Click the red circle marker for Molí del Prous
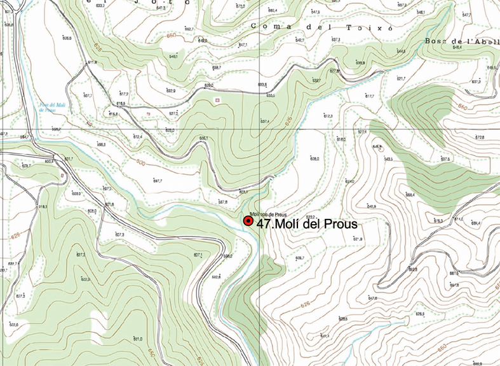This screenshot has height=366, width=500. pyautogui.click(x=248, y=221)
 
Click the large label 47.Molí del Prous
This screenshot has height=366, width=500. pyautogui.click(x=307, y=224)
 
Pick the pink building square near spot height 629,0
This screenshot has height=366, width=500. pyautogui.click(x=217, y=100)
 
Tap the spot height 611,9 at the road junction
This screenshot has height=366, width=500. pyautogui.click(x=91, y=62)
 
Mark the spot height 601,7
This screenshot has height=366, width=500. pyautogui.click(x=69, y=158)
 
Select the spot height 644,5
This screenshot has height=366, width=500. pyautogui.click(x=401, y=51)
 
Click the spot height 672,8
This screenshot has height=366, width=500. pyautogui.click(x=480, y=137)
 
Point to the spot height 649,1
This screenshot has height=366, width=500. pyautogui.click(x=173, y=57)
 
